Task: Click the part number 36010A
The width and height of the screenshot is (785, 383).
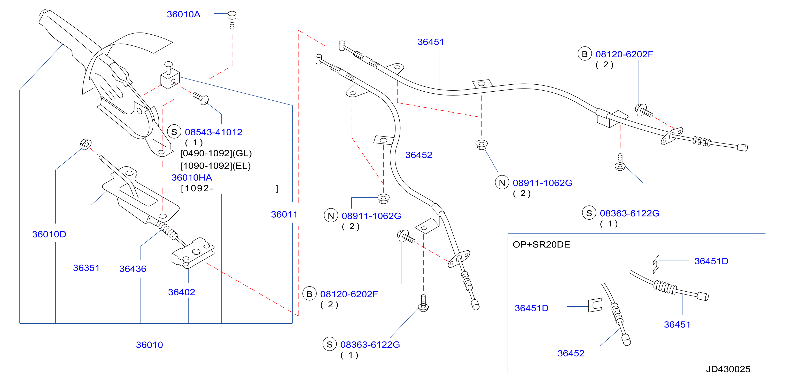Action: pos(183,14)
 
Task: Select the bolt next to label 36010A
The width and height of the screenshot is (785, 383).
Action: pos(232,20)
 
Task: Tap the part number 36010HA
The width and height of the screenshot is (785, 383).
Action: pos(192,178)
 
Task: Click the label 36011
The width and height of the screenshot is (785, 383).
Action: pos(284,214)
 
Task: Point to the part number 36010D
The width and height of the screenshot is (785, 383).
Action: pos(49,234)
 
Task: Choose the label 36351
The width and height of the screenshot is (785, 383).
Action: pos(86,268)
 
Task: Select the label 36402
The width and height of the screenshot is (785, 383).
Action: pos(182,292)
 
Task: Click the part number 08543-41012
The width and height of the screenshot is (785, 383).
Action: pos(214,132)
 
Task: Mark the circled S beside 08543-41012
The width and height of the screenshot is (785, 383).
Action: pos(174,132)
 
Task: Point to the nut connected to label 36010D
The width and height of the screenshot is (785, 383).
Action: pos(86,144)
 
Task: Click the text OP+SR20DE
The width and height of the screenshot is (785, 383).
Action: pos(541,244)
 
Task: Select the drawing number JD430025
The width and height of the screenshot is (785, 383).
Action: pos(728,369)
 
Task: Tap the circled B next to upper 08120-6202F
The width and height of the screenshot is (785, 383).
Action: pos(585,54)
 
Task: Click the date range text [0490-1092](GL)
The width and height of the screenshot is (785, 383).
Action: pos(216,153)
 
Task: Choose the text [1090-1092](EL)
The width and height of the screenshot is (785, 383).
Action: pos(215,166)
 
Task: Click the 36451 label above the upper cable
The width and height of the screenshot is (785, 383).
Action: pos(431,42)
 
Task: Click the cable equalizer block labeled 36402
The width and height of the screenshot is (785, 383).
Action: pos(193,253)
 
